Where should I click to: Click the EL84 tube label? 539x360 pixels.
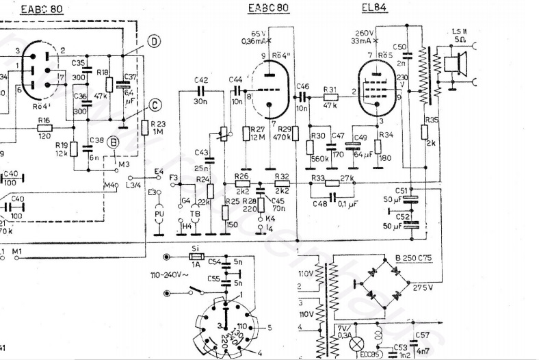(374, 8)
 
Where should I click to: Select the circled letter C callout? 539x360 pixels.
(155, 105)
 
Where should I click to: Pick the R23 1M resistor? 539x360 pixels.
(145, 127)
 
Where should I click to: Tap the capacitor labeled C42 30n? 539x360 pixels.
(201, 90)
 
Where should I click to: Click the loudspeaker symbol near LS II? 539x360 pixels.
(452, 66)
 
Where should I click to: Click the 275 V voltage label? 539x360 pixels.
(421, 288)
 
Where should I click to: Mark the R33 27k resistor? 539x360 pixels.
(332, 183)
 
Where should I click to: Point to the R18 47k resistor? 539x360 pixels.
(109, 85)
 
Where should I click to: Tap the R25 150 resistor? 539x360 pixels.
(226, 211)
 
